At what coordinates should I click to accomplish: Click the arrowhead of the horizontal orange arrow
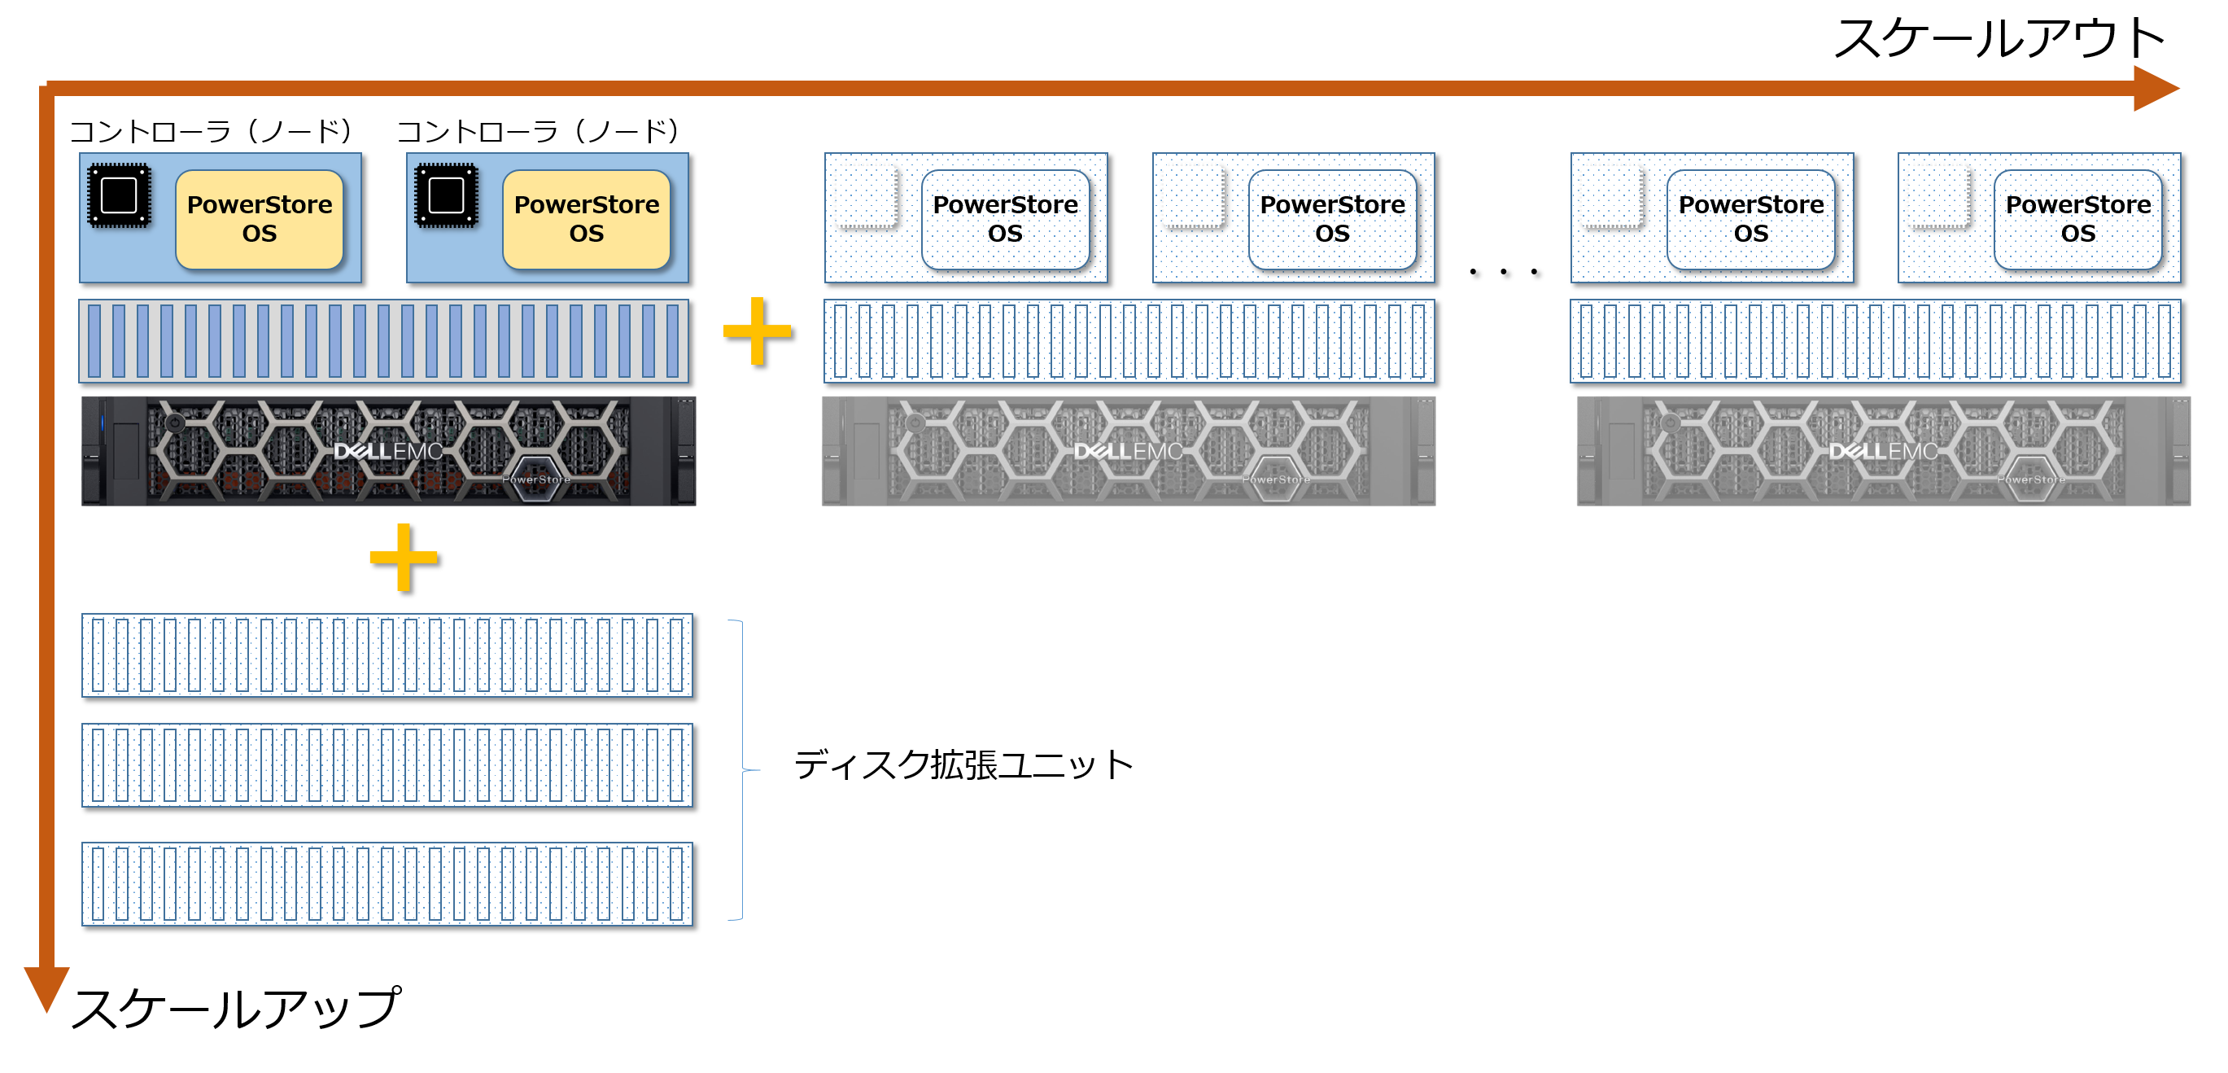pos(2156,88)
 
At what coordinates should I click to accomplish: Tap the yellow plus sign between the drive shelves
pos(757,331)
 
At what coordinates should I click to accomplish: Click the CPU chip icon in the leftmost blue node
pos(120,195)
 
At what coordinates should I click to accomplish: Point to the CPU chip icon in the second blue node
pos(446,195)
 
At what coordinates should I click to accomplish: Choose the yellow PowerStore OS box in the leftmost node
pos(260,219)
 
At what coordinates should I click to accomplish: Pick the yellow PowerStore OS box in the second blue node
pos(587,219)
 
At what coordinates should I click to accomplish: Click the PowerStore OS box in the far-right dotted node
pos(2077,219)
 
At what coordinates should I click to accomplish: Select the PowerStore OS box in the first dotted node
pos(1005,219)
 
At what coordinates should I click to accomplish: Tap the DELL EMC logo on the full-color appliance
pos(388,451)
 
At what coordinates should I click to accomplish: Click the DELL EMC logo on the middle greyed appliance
pos(1128,451)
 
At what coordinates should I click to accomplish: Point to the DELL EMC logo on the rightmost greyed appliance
pos(1883,451)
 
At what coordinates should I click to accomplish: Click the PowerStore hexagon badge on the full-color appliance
pos(536,480)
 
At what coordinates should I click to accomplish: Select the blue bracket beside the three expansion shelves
pos(741,769)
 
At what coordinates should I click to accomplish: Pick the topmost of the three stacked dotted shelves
pos(387,655)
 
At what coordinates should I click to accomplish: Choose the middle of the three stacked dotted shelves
pos(387,765)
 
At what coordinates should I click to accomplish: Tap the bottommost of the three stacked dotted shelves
pos(387,883)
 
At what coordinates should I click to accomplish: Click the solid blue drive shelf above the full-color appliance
pos(384,341)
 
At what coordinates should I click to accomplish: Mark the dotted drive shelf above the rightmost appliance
pos(1875,341)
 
